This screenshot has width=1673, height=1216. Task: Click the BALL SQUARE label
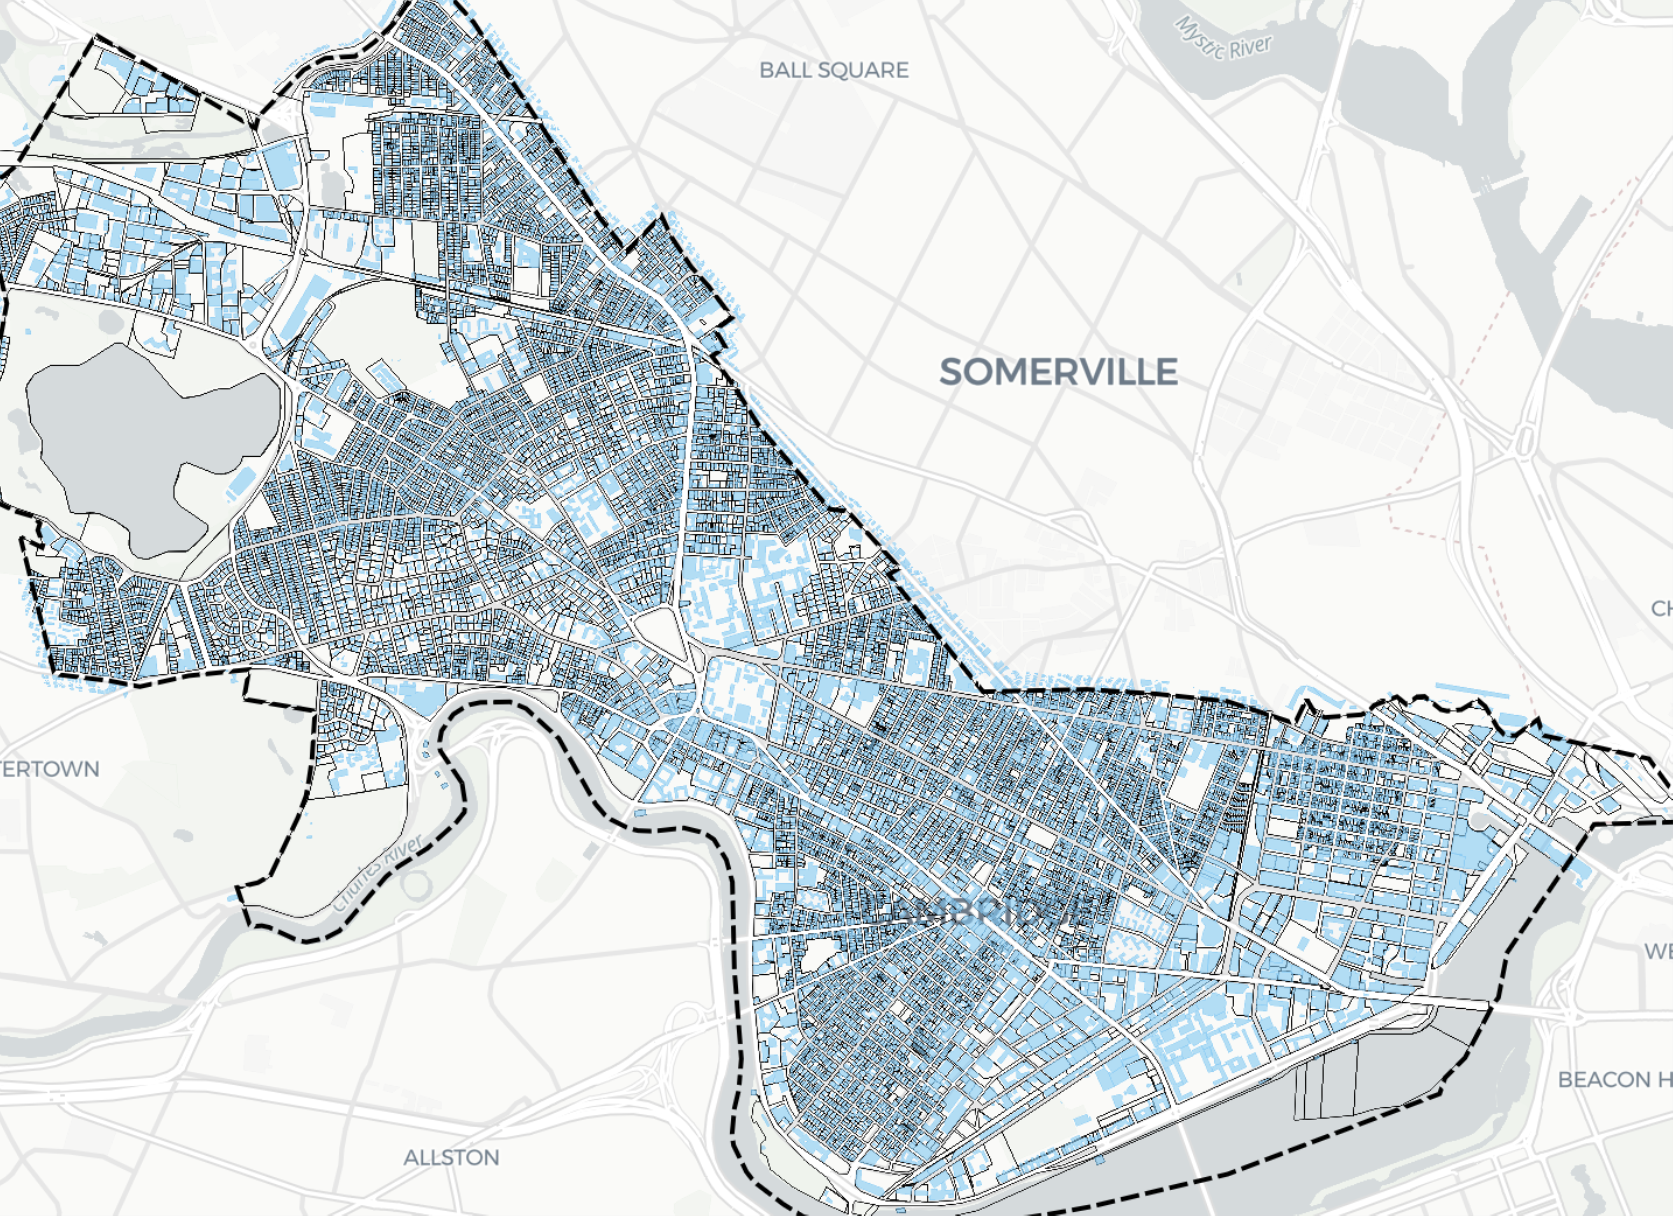[x=834, y=70]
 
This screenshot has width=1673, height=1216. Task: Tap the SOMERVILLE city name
[x=1058, y=371]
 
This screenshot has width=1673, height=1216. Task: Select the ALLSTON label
[x=451, y=1157]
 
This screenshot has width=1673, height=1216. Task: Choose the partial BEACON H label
[x=1614, y=1079]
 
